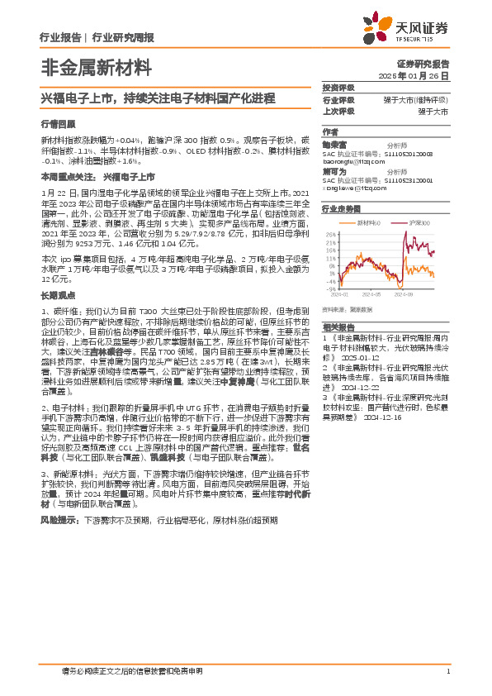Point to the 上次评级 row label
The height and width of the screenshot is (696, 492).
pos(338,111)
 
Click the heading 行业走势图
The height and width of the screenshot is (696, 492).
pos(342,210)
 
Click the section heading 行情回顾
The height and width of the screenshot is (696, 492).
pos(54,123)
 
